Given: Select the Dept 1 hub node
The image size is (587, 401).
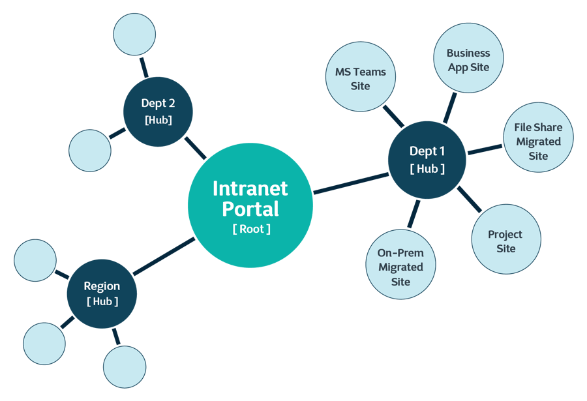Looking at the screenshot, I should pos(427,160).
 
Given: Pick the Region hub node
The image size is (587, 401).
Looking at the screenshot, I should pos(102,293).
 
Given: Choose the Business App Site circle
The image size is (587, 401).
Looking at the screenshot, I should pos(468,59).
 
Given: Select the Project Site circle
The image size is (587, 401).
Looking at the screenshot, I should pos(505,241).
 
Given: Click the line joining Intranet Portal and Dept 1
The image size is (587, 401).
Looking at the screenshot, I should pos(350,183).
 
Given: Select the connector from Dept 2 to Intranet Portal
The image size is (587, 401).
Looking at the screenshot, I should pos(195,148).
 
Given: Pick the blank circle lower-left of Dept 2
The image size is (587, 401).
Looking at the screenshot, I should pos(90,150).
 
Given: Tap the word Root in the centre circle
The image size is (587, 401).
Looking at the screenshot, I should pos(251,229).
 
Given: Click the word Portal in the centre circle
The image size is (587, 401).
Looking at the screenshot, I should pos(250,209).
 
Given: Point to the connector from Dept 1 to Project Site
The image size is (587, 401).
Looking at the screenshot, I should pos(469,200).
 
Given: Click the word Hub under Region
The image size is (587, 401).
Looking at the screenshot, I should pos(102,301).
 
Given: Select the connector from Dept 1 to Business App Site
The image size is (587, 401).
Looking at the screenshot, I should pos(449,107).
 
